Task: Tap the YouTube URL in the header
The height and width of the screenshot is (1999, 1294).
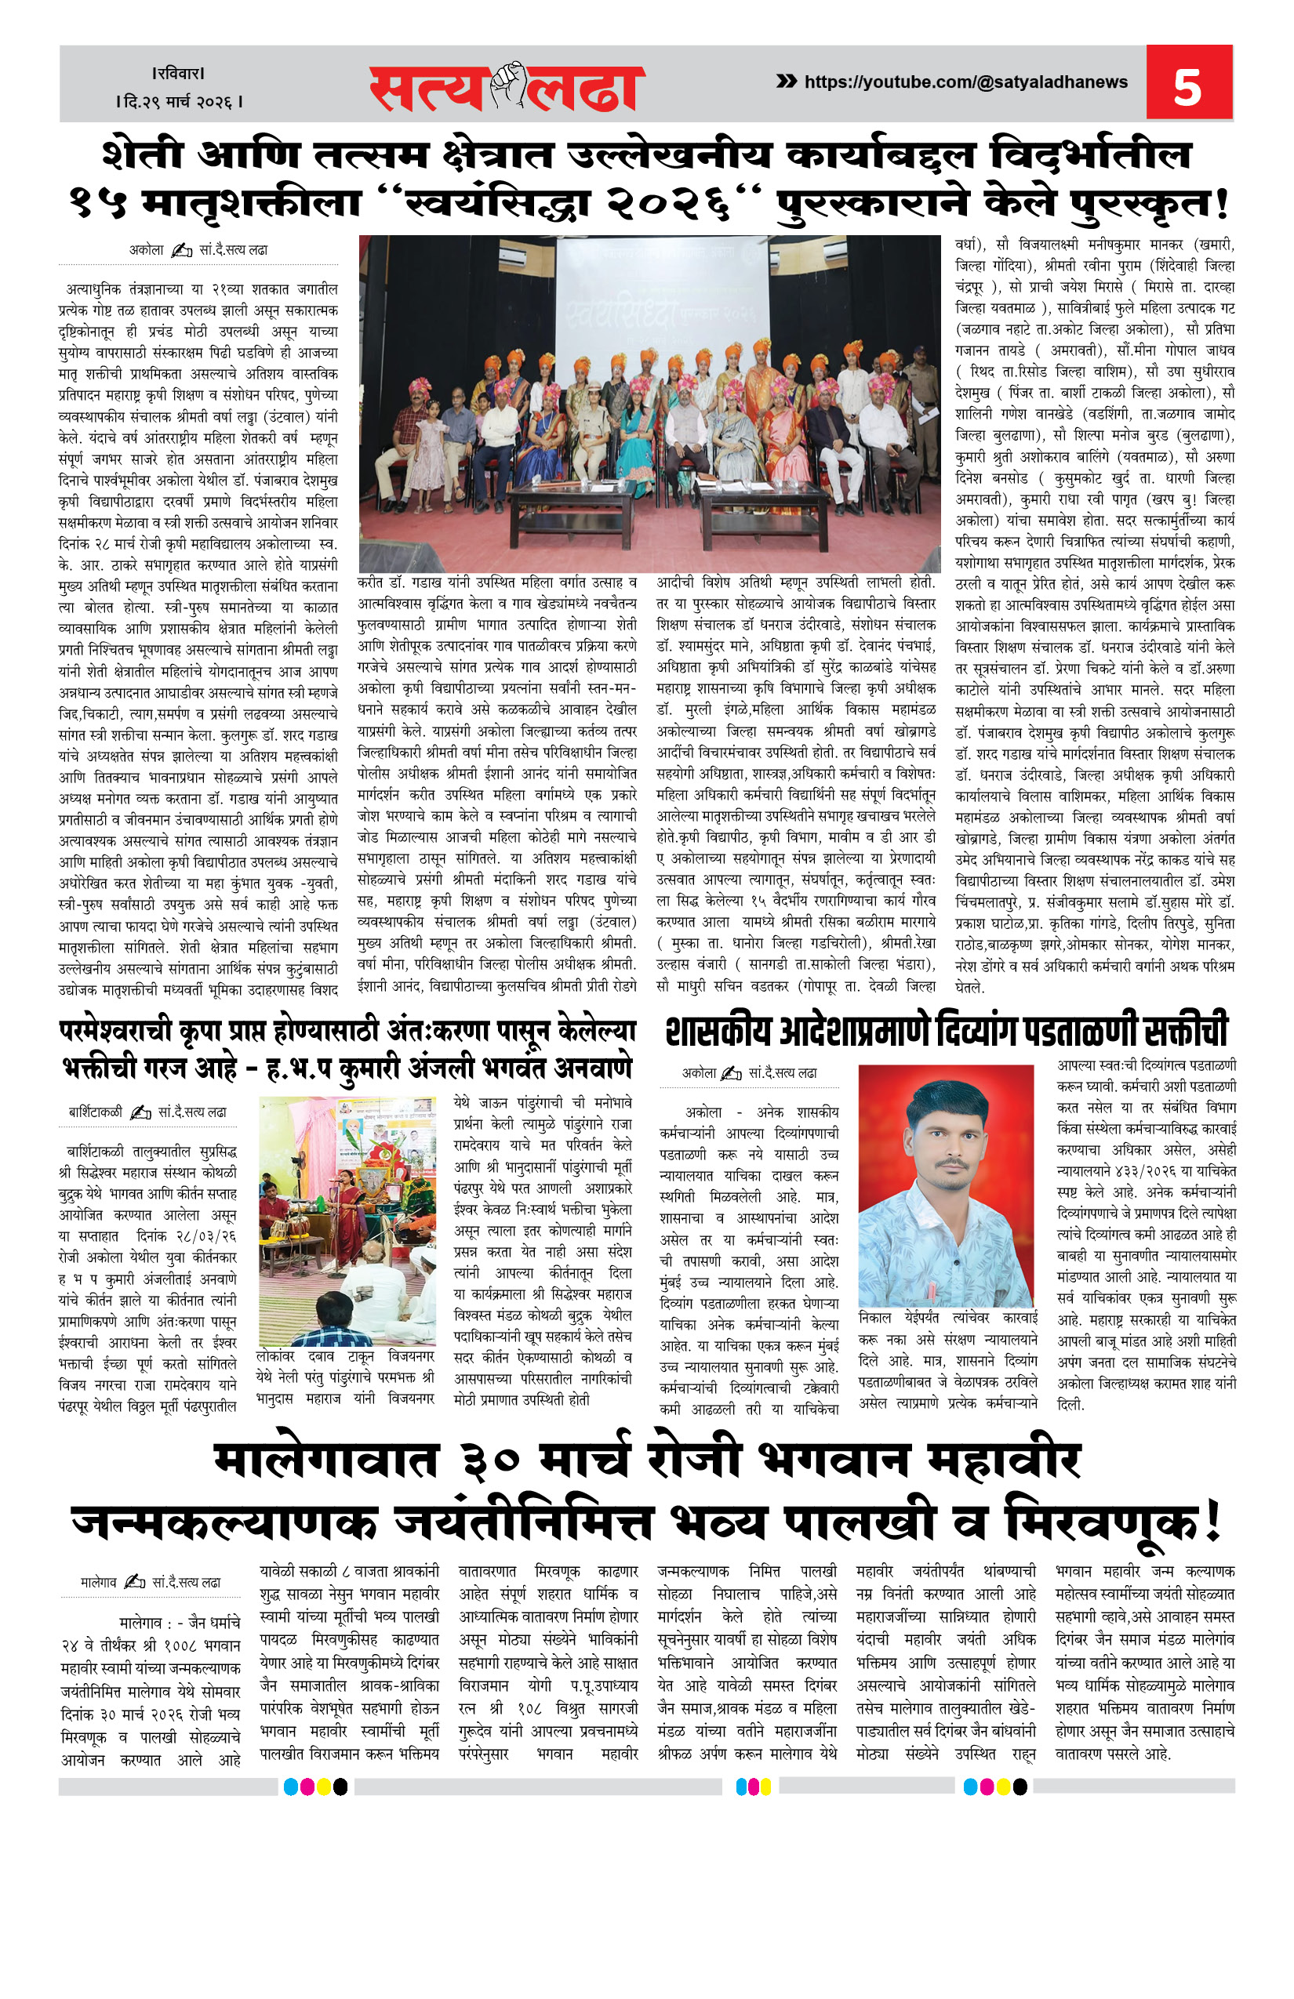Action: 965,82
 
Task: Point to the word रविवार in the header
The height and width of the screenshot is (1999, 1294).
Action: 179,74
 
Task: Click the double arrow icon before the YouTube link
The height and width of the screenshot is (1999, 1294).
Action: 787,82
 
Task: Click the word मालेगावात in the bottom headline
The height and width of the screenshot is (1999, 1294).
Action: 325,1461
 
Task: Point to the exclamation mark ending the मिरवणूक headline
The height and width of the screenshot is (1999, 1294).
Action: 1211,1522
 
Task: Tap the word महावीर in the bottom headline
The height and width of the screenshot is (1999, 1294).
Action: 1003,1461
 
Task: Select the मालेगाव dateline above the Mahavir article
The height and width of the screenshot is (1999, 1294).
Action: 98,1583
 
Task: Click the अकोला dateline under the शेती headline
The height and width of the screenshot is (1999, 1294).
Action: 146,249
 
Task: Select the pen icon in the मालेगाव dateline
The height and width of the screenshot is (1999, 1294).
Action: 134,1583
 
